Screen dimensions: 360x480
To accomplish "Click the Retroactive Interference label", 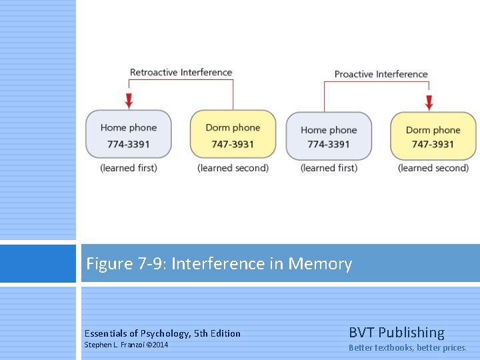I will point(181,72).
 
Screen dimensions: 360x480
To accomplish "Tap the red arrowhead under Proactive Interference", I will point(429,103).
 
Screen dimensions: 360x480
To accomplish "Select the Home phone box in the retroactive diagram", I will point(129,134).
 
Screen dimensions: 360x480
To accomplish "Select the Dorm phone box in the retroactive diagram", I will point(233,134).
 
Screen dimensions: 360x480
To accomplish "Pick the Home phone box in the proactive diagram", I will point(329,136).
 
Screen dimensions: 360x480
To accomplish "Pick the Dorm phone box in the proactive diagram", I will point(433,136).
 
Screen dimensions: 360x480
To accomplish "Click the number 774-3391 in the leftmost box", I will point(129,144).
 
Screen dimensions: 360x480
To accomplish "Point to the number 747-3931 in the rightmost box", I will point(433,145).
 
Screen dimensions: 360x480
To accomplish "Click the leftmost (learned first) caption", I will point(129,168).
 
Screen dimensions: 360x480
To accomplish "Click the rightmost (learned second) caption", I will point(433,168).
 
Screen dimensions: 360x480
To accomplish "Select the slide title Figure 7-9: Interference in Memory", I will point(219,264).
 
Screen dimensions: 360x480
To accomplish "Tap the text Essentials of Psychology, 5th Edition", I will point(163,333).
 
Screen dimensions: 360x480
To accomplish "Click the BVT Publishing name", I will point(397,332).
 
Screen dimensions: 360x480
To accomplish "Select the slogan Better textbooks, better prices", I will point(408,347).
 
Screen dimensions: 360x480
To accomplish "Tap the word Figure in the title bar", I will point(109,264).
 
